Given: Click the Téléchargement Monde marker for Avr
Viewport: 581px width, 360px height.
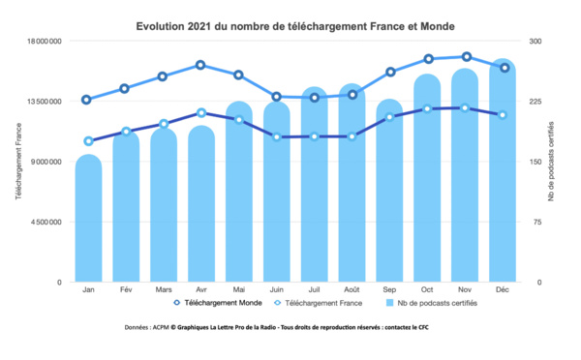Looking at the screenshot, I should tap(200, 65).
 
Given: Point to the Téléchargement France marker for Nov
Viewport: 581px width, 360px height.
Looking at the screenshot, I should tap(466, 107).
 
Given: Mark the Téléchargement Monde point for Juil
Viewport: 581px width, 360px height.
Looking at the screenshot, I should tap(315, 98).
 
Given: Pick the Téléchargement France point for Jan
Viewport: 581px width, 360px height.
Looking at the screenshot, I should tap(88, 141).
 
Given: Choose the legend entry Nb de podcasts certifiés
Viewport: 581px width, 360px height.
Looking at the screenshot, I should tap(431, 303).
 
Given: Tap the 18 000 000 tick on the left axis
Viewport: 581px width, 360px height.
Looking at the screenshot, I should tap(43, 42).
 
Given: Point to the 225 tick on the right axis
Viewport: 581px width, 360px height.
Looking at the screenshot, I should tap(533, 102).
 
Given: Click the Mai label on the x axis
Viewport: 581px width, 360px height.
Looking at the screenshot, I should tap(238, 289).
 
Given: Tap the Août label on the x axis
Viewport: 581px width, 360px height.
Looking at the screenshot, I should tap(352, 289).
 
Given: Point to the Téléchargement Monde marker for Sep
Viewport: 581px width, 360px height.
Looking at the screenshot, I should tap(390, 72).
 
